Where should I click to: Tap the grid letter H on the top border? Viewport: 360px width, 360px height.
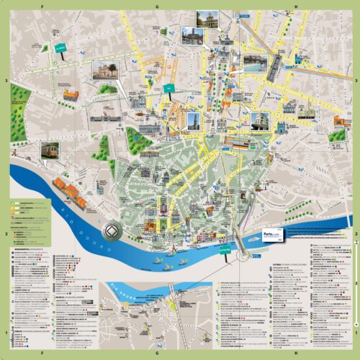[x=296, y=4]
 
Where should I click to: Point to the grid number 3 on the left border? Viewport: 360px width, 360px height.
[x=4, y=81]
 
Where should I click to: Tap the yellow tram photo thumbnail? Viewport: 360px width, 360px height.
[x=50, y=150]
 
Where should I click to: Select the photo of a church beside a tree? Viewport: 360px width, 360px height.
[x=104, y=70]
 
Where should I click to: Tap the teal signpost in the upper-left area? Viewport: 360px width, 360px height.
[x=60, y=50]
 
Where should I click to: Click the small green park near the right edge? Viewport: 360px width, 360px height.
[x=337, y=135]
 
